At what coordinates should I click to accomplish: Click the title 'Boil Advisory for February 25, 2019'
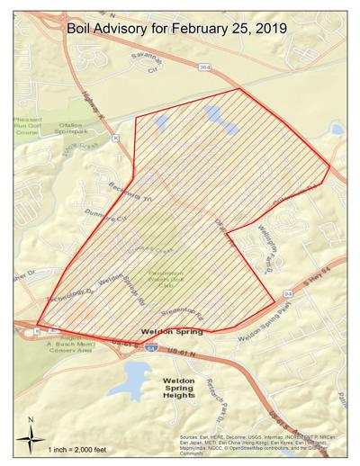177,29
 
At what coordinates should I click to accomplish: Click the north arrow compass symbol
31,437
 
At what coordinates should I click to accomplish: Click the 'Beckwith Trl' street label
90,175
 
